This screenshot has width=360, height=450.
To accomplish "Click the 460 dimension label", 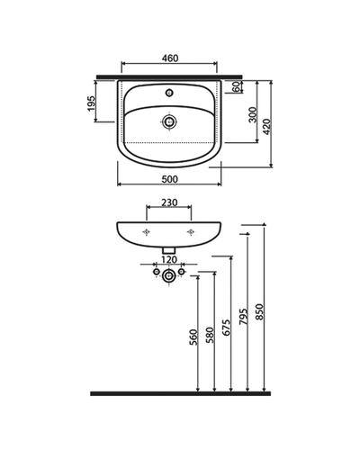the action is tap(170, 58).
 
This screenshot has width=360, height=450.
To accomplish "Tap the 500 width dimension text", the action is tap(170, 179).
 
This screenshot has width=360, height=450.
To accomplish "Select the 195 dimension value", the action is tap(92, 103).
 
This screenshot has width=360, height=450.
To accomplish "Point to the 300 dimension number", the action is tap(253, 114).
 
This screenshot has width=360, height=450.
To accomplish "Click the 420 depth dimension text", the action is tap(266, 127).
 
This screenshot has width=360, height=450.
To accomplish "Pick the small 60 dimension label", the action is tap(237, 86).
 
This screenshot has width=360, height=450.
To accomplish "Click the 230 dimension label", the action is tap(169, 202).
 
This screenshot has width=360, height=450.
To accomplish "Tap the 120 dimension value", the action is tap(169, 259).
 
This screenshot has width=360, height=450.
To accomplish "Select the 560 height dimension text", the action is tap(193, 337).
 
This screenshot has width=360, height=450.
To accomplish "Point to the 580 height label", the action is tap(210, 335).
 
